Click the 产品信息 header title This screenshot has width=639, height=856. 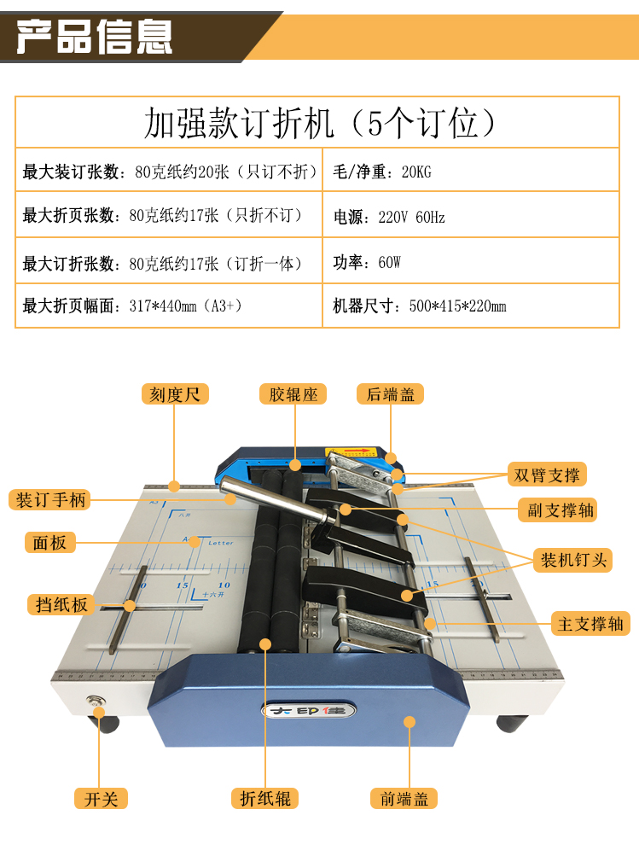[x=95, y=37]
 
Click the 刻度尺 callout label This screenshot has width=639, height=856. [x=175, y=393]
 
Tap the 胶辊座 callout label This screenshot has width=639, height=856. [x=293, y=393]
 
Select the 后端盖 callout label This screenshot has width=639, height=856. [x=390, y=393]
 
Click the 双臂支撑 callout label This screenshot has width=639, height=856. [x=547, y=475]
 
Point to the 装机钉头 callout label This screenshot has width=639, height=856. [x=573, y=560]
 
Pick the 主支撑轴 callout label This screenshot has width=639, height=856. [x=590, y=624]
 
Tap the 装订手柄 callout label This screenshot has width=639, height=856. [x=49, y=499]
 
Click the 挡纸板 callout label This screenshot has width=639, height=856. [x=61, y=604]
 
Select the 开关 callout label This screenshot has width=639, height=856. [x=101, y=799]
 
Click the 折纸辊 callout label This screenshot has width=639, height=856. [x=265, y=799]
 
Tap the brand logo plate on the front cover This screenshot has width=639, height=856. [x=309, y=710]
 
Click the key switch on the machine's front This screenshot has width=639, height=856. [x=96, y=701]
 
